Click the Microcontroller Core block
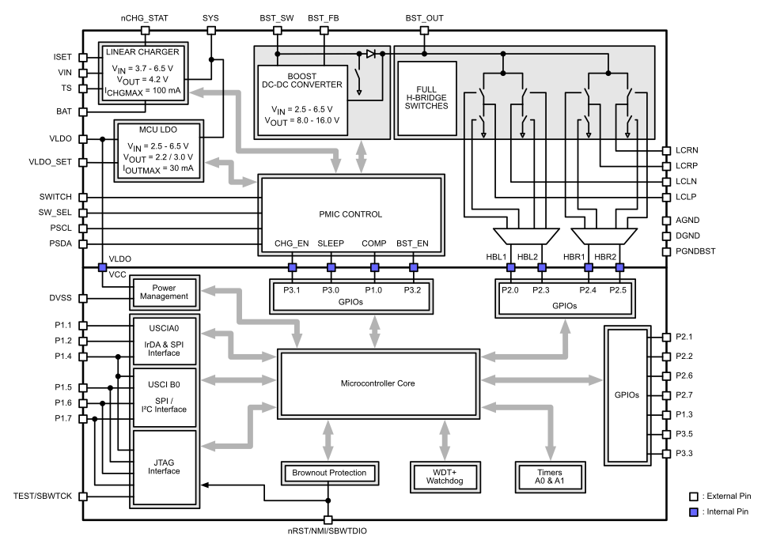379,383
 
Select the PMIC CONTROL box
350,214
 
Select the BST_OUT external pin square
424,31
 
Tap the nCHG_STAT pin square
145,31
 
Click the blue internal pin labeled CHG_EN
292,266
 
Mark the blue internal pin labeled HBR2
619,266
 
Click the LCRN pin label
687,150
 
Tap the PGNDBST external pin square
666,251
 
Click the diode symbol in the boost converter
369,55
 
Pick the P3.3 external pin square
666,453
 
